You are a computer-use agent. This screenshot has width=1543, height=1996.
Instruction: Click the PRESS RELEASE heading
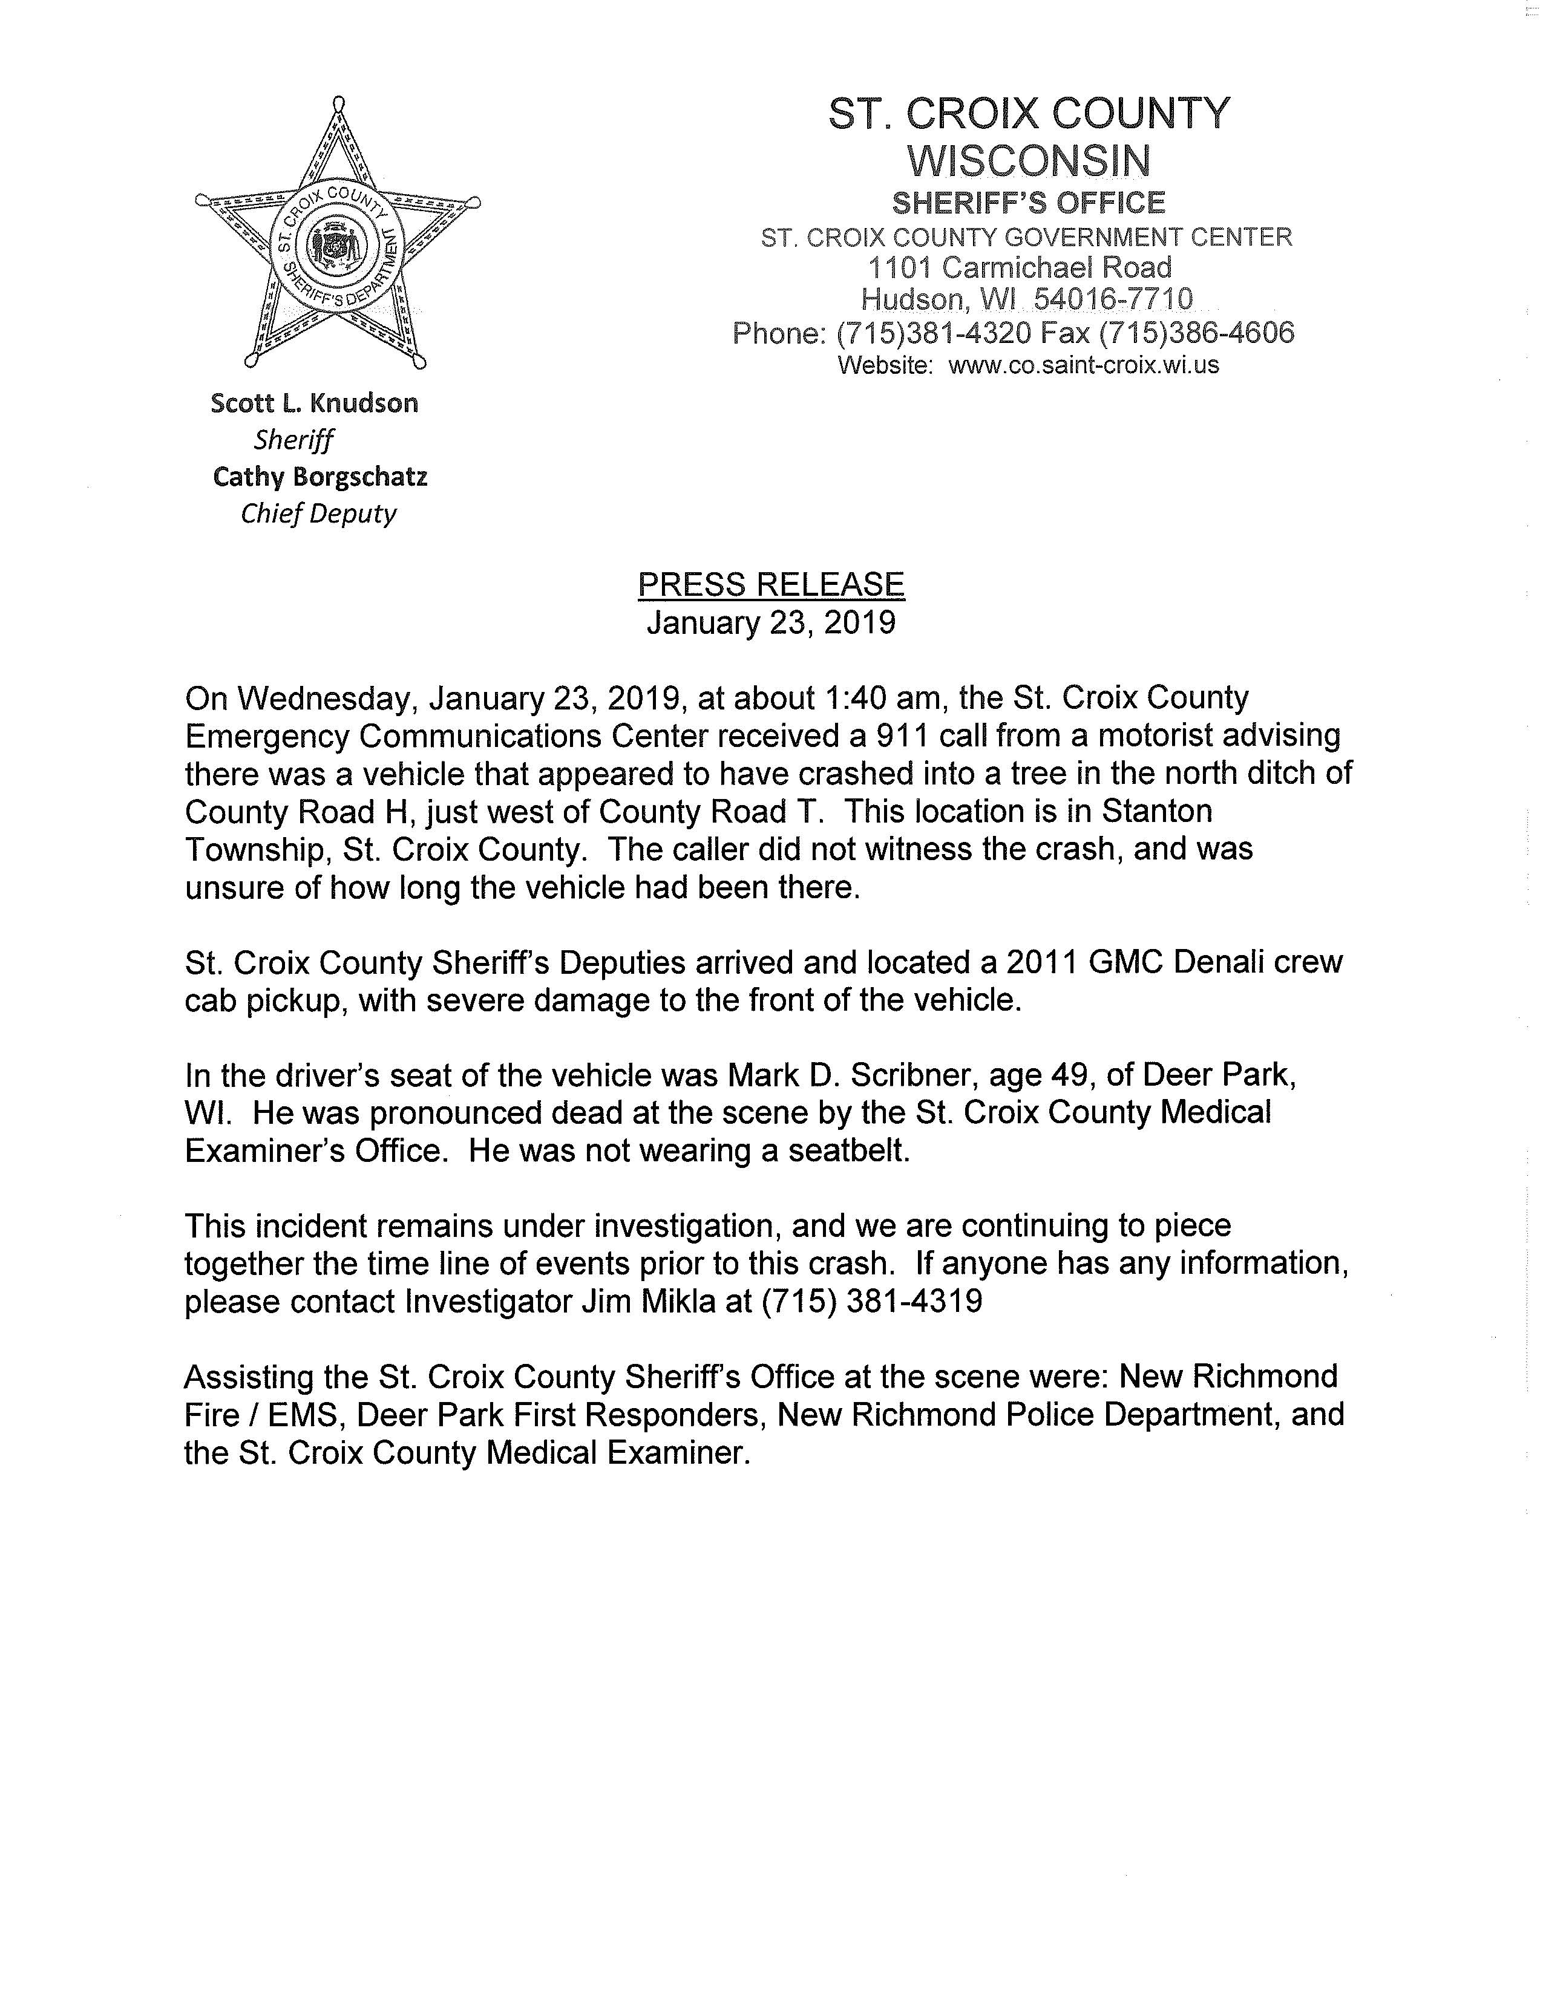pos(770,584)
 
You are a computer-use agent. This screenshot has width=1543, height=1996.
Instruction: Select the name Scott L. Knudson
pos(315,403)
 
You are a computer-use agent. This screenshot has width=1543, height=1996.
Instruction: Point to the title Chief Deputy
pos(318,514)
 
